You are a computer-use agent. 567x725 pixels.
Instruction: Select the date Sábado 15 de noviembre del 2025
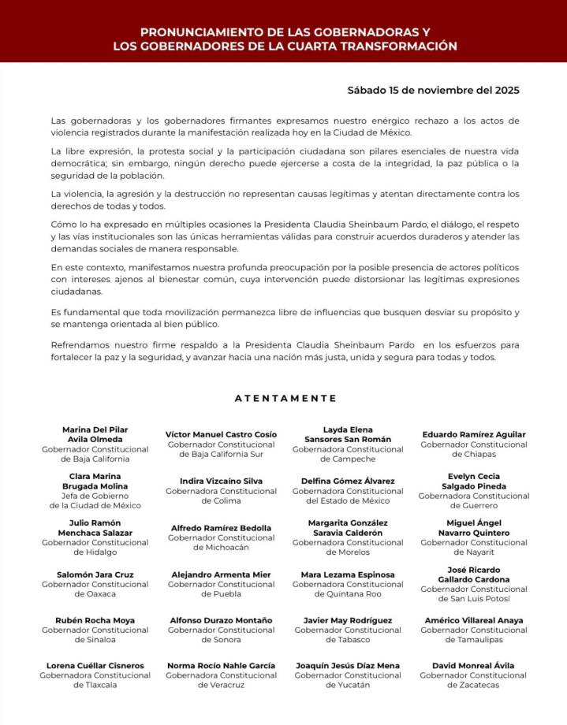pos(433,90)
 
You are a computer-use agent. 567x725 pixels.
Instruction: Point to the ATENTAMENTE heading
pos(285,398)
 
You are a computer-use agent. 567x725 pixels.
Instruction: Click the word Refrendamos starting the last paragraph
pos(84,345)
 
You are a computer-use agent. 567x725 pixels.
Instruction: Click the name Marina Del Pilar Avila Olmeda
pos(95,434)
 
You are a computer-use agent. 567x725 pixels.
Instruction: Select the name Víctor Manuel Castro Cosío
pos(221,434)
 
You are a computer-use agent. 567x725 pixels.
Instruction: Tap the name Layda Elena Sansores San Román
pos(348,434)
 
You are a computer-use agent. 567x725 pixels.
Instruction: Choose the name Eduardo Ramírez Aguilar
pos(473,434)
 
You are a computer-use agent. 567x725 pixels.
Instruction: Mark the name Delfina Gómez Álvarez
pos(348,481)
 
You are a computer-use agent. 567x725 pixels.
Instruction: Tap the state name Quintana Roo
pos(348,594)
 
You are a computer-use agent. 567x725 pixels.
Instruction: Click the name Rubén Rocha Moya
pos(95,620)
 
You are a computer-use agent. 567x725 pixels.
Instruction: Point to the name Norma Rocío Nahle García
pos(221,666)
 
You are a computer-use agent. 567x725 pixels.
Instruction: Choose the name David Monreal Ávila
pos(474,666)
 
